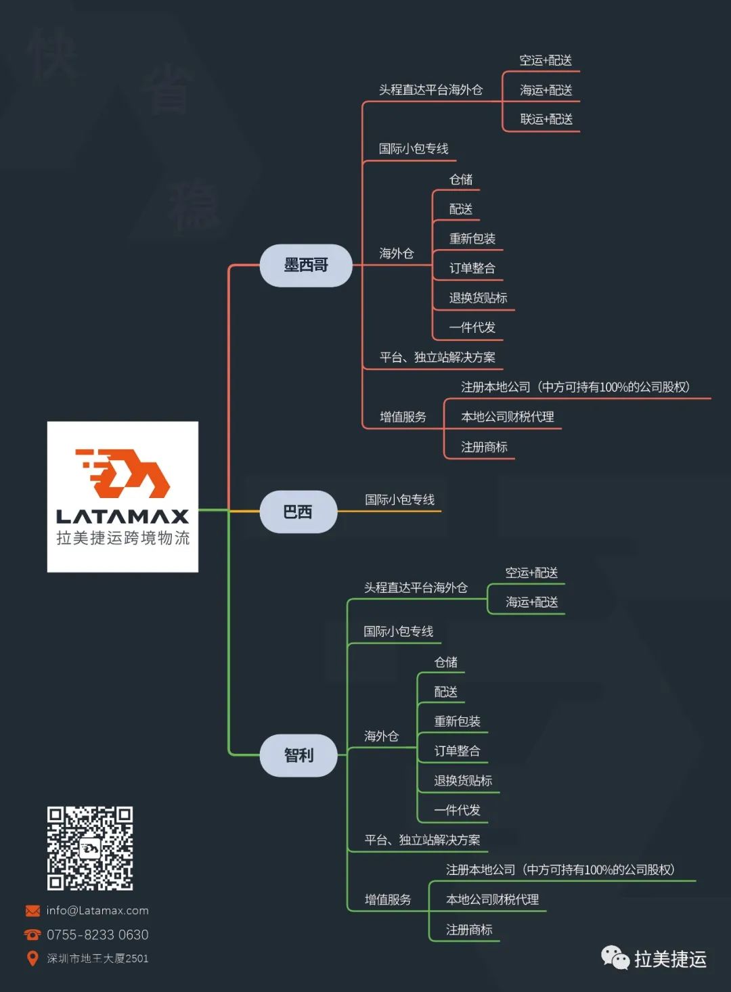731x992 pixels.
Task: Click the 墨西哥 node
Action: [x=306, y=265]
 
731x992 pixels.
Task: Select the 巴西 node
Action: [x=298, y=512]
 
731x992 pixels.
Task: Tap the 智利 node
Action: [x=298, y=754]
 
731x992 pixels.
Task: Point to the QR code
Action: [x=89, y=848]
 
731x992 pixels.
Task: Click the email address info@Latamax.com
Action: [x=97, y=911]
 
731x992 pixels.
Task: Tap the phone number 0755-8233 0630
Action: [x=97, y=934]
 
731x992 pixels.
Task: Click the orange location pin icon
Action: [x=32, y=958]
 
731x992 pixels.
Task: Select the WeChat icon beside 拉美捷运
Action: [x=615, y=957]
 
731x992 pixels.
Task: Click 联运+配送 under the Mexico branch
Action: [x=546, y=120]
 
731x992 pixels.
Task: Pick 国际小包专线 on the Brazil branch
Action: [x=399, y=500]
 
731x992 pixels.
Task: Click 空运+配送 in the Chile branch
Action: [x=531, y=573]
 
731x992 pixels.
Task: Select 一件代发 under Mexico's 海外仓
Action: [x=472, y=328]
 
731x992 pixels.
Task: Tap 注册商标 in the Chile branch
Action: [x=469, y=930]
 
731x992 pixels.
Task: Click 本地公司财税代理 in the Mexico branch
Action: [x=508, y=417]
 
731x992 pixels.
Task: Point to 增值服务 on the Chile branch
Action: [x=388, y=899]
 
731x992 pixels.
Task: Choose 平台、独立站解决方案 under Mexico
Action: [x=437, y=357]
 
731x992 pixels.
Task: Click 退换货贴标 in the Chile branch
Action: [x=463, y=780]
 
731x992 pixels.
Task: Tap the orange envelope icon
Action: [x=32, y=911]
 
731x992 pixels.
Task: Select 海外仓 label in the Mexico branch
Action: [x=396, y=253]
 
